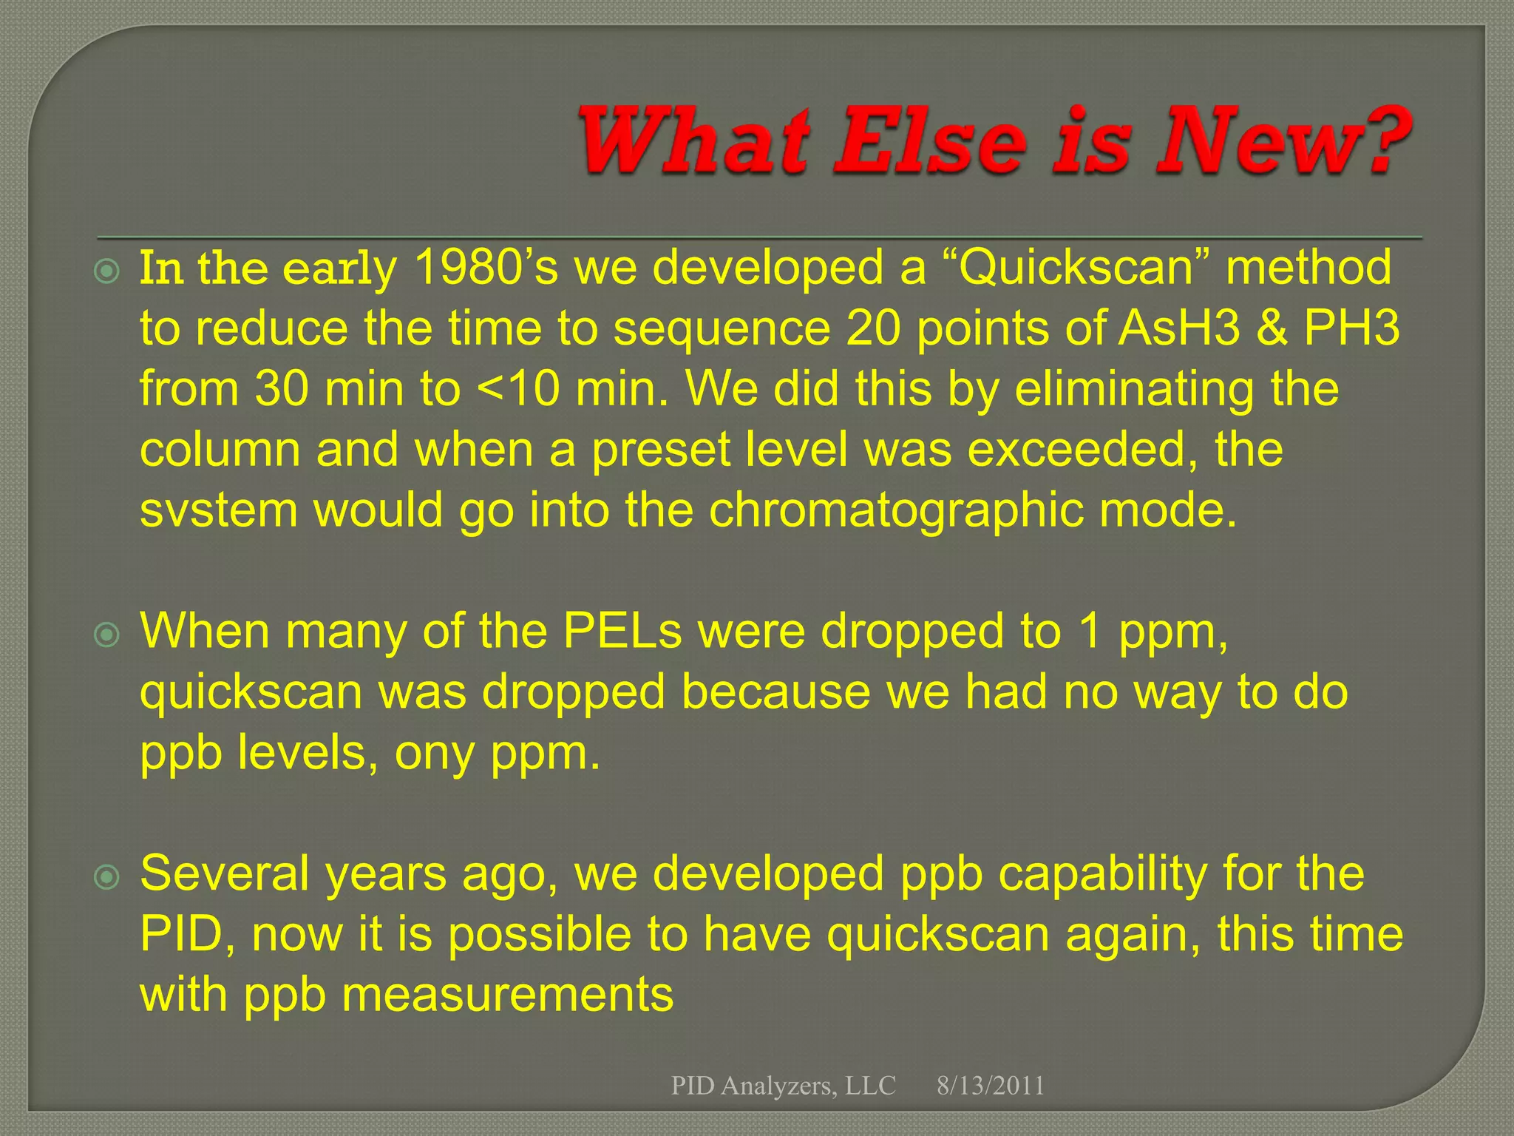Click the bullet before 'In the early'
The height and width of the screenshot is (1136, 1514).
108,272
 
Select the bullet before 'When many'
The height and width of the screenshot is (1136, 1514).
108,635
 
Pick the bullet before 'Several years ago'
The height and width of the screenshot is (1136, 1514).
108,877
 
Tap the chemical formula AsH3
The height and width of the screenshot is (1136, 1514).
1178,328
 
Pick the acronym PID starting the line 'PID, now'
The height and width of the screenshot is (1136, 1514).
182,935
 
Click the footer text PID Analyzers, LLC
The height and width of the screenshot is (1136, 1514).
783,1086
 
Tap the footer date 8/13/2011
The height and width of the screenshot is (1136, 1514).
991,1086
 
